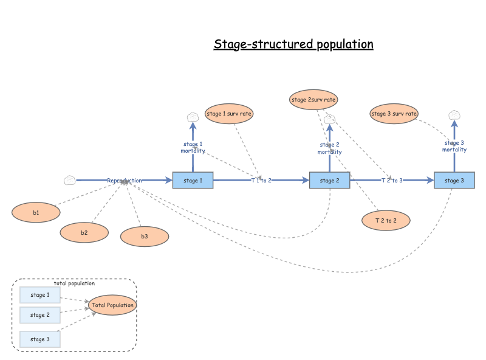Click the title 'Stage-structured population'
point(293,44)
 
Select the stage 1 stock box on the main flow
point(193,180)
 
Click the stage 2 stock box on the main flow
point(329,180)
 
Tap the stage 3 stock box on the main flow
point(454,180)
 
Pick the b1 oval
point(36,212)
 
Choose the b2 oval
point(84,232)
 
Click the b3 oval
point(145,237)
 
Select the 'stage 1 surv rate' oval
point(229,113)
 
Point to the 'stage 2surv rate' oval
point(313,99)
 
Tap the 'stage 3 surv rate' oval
point(394,113)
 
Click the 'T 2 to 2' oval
point(386,220)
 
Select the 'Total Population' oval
point(112,305)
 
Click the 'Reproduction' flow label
point(125,181)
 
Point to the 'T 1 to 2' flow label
point(261,181)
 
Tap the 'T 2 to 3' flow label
point(392,181)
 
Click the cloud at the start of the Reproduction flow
point(70,180)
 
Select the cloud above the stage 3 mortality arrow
point(454,114)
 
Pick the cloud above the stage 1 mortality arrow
point(193,117)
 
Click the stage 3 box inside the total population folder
point(40,339)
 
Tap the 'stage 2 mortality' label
point(329,148)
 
